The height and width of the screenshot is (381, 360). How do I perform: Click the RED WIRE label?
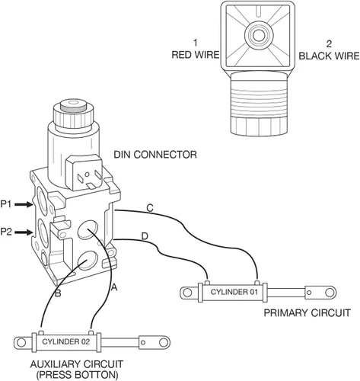[x=196, y=55]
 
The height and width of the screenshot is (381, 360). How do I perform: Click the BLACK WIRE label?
[x=329, y=56]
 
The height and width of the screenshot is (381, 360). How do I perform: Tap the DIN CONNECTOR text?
[x=155, y=155]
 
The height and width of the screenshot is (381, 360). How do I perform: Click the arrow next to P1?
[x=24, y=204]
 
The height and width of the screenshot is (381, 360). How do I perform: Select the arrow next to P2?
[x=24, y=232]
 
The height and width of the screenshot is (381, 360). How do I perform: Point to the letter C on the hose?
[x=150, y=208]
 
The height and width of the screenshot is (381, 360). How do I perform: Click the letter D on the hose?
[x=145, y=236]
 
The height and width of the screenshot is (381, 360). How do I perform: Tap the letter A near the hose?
[x=114, y=287]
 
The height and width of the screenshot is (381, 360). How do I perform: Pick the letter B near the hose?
[x=58, y=293]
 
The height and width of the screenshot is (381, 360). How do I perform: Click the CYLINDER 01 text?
[x=234, y=292]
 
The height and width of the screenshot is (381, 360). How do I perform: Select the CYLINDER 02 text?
[x=66, y=341]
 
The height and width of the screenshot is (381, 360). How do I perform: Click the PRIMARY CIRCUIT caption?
[x=307, y=312]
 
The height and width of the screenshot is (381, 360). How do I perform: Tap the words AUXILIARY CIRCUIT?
[x=77, y=364]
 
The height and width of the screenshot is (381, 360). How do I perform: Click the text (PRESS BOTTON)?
[x=77, y=375]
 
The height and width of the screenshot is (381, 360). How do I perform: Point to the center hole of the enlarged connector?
[x=259, y=35]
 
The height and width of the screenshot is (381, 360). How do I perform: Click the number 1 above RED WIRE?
[x=195, y=43]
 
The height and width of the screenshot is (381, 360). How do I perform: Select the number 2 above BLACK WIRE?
[x=329, y=44]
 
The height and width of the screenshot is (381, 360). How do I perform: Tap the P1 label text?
[x=6, y=204]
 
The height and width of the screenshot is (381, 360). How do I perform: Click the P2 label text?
[x=6, y=232]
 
